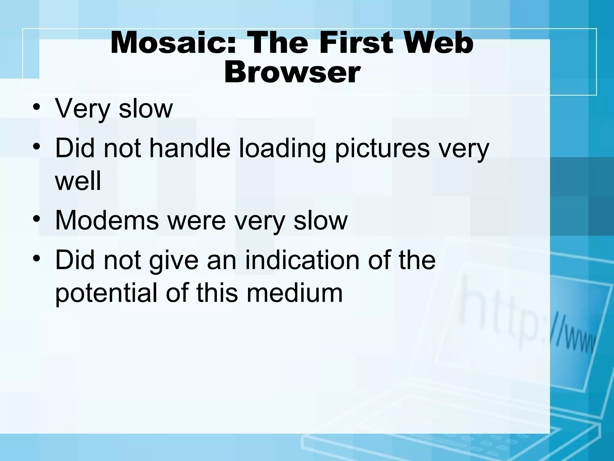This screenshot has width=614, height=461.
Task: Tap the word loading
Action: click(x=282, y=149)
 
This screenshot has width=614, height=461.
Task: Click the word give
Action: click(x=174, y=261)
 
